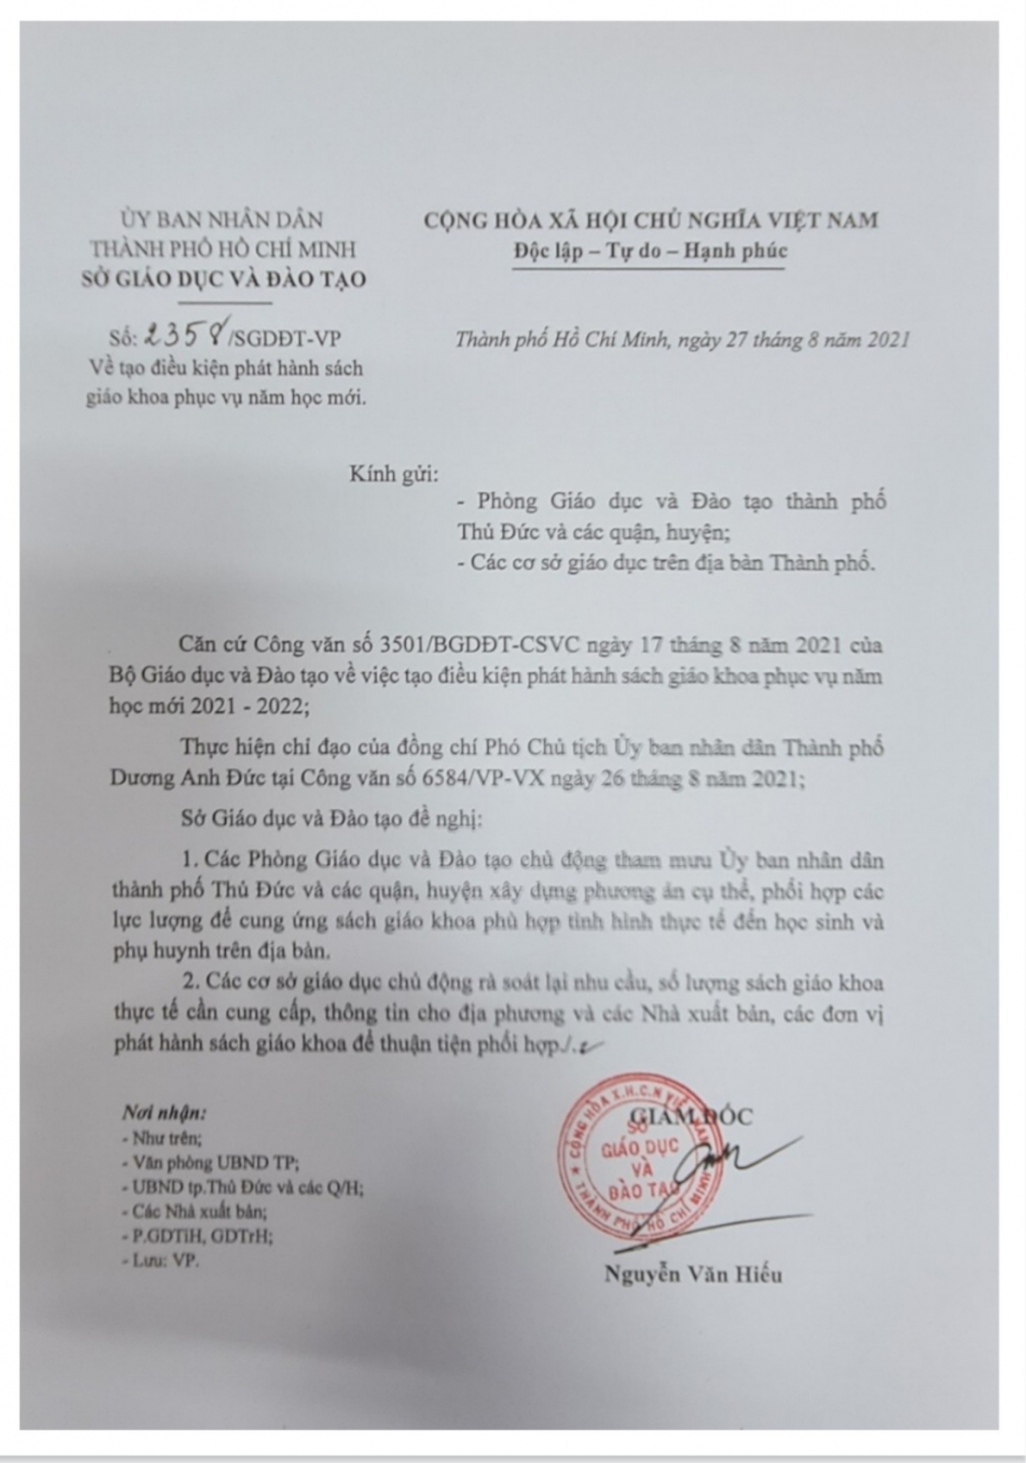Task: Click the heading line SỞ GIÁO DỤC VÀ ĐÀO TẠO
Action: tap(222, 279)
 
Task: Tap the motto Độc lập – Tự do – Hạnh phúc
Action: tap(649, 252)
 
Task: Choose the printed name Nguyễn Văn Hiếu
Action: tap(693, 1274)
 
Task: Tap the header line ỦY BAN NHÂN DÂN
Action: tap(222, 221)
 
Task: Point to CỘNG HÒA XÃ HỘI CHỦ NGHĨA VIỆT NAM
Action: tap(650, 221)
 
